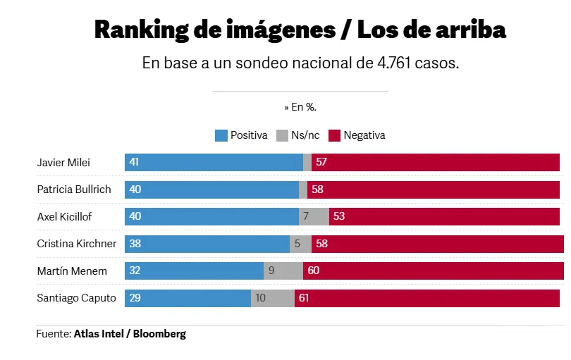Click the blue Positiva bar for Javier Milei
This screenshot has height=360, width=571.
coord(214,162)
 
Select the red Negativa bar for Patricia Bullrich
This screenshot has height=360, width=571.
coord(434,190)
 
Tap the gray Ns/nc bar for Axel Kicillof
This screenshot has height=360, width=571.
coord(314,216)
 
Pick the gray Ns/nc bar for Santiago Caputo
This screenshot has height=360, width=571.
coord(272,298)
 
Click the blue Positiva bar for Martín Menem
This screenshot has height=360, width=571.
coord(194,271)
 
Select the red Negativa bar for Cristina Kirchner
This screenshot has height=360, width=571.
coord(437,244)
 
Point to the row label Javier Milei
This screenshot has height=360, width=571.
coord(63,163)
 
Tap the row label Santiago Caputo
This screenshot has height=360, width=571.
coord(76,298)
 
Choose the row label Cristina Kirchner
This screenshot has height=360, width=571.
coord(76,244)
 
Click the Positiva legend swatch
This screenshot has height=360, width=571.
coord(221,135)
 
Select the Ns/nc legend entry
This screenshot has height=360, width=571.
coord(302,135)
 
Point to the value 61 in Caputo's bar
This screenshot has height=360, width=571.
coord(304,298)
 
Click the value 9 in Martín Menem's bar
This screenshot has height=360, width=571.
coord(271,271)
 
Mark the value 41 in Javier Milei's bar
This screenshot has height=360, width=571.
coord(134,162)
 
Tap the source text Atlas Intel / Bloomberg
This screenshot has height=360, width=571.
coord(130,333)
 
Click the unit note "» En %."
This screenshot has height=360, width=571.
coord(300,107)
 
